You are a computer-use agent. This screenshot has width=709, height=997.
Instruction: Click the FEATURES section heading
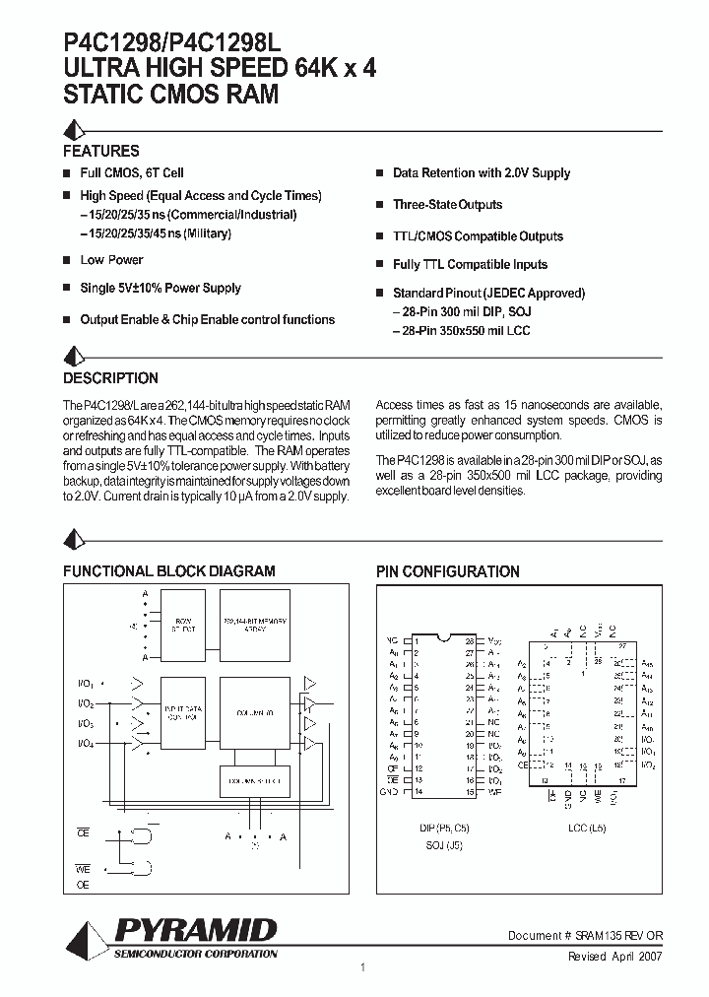[100, 152]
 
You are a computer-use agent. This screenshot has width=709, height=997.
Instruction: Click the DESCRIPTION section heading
[110, 378]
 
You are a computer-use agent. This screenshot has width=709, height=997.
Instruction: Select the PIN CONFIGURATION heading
[448, 571]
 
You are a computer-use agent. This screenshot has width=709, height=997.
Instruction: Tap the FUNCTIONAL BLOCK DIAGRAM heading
[169, 571]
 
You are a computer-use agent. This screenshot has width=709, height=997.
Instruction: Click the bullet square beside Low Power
[67, 260]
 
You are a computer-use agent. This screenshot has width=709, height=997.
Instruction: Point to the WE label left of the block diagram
[84, 869]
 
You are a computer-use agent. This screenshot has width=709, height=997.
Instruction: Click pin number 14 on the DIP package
[417, 792]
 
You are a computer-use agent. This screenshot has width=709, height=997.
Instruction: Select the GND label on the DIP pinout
[390, 792]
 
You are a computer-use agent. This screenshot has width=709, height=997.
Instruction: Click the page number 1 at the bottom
[363, 968]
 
